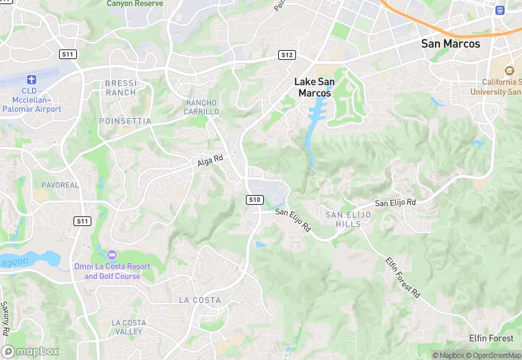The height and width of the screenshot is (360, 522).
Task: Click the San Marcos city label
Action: (x=451, y=43)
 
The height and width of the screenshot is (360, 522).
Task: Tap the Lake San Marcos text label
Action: (x=315, y=87)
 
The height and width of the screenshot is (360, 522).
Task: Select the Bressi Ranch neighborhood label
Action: (x=121, y=87)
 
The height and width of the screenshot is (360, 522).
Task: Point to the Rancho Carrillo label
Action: (x=202, y=107)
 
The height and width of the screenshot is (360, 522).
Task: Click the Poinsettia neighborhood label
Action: (x=125, y=121)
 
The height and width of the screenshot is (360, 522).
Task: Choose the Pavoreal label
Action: (x=60, y=185)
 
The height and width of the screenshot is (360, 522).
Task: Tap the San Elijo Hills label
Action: (x=348, y=219)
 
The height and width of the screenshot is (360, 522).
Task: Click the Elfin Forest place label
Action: (x=491, y=338)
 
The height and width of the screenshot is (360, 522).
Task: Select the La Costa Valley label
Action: (x=128, y=327)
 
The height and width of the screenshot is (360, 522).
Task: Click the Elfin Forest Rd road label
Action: (x=402, y=276)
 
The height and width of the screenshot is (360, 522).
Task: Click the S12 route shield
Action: (x=287, y=55)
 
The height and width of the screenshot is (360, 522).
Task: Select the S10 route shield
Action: (x=254, y=199)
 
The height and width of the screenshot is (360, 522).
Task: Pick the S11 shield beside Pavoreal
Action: (x=82, y=221)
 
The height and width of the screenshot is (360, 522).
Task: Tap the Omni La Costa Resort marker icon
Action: (x=112, y=255)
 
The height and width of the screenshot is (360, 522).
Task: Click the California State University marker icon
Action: (x=509, y=71)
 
